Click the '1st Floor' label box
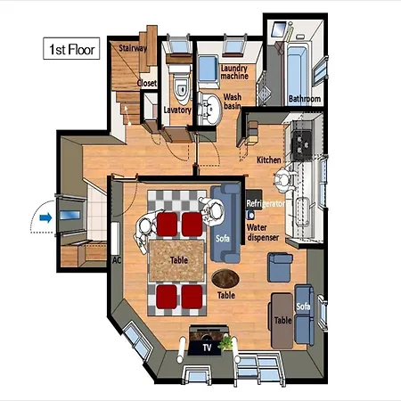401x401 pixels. tap(71, 48)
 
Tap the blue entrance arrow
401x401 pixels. tap(45, 218)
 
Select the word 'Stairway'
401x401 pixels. tap(133, 48)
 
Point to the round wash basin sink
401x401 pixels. tap(210, 109)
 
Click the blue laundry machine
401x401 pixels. tap(209, 70)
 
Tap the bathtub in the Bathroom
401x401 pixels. tap(297, 72)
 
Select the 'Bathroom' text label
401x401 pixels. tap(305, 99)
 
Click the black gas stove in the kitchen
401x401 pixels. tap(301, 143)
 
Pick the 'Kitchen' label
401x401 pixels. tap(268, 160)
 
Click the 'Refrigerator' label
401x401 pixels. tap(266, 203)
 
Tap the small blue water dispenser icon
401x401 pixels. tap(250, 215)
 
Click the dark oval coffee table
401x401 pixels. tap(225, 279)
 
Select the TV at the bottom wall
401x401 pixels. tap(206, 347)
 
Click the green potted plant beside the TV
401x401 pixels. tap(226, 343)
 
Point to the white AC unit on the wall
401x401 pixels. tap(115, 238)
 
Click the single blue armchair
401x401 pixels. tap(280, 267)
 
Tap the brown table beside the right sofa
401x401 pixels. tap(282, 321)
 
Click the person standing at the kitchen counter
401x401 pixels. tap(284, 180)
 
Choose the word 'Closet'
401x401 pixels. tap(147, 83)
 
